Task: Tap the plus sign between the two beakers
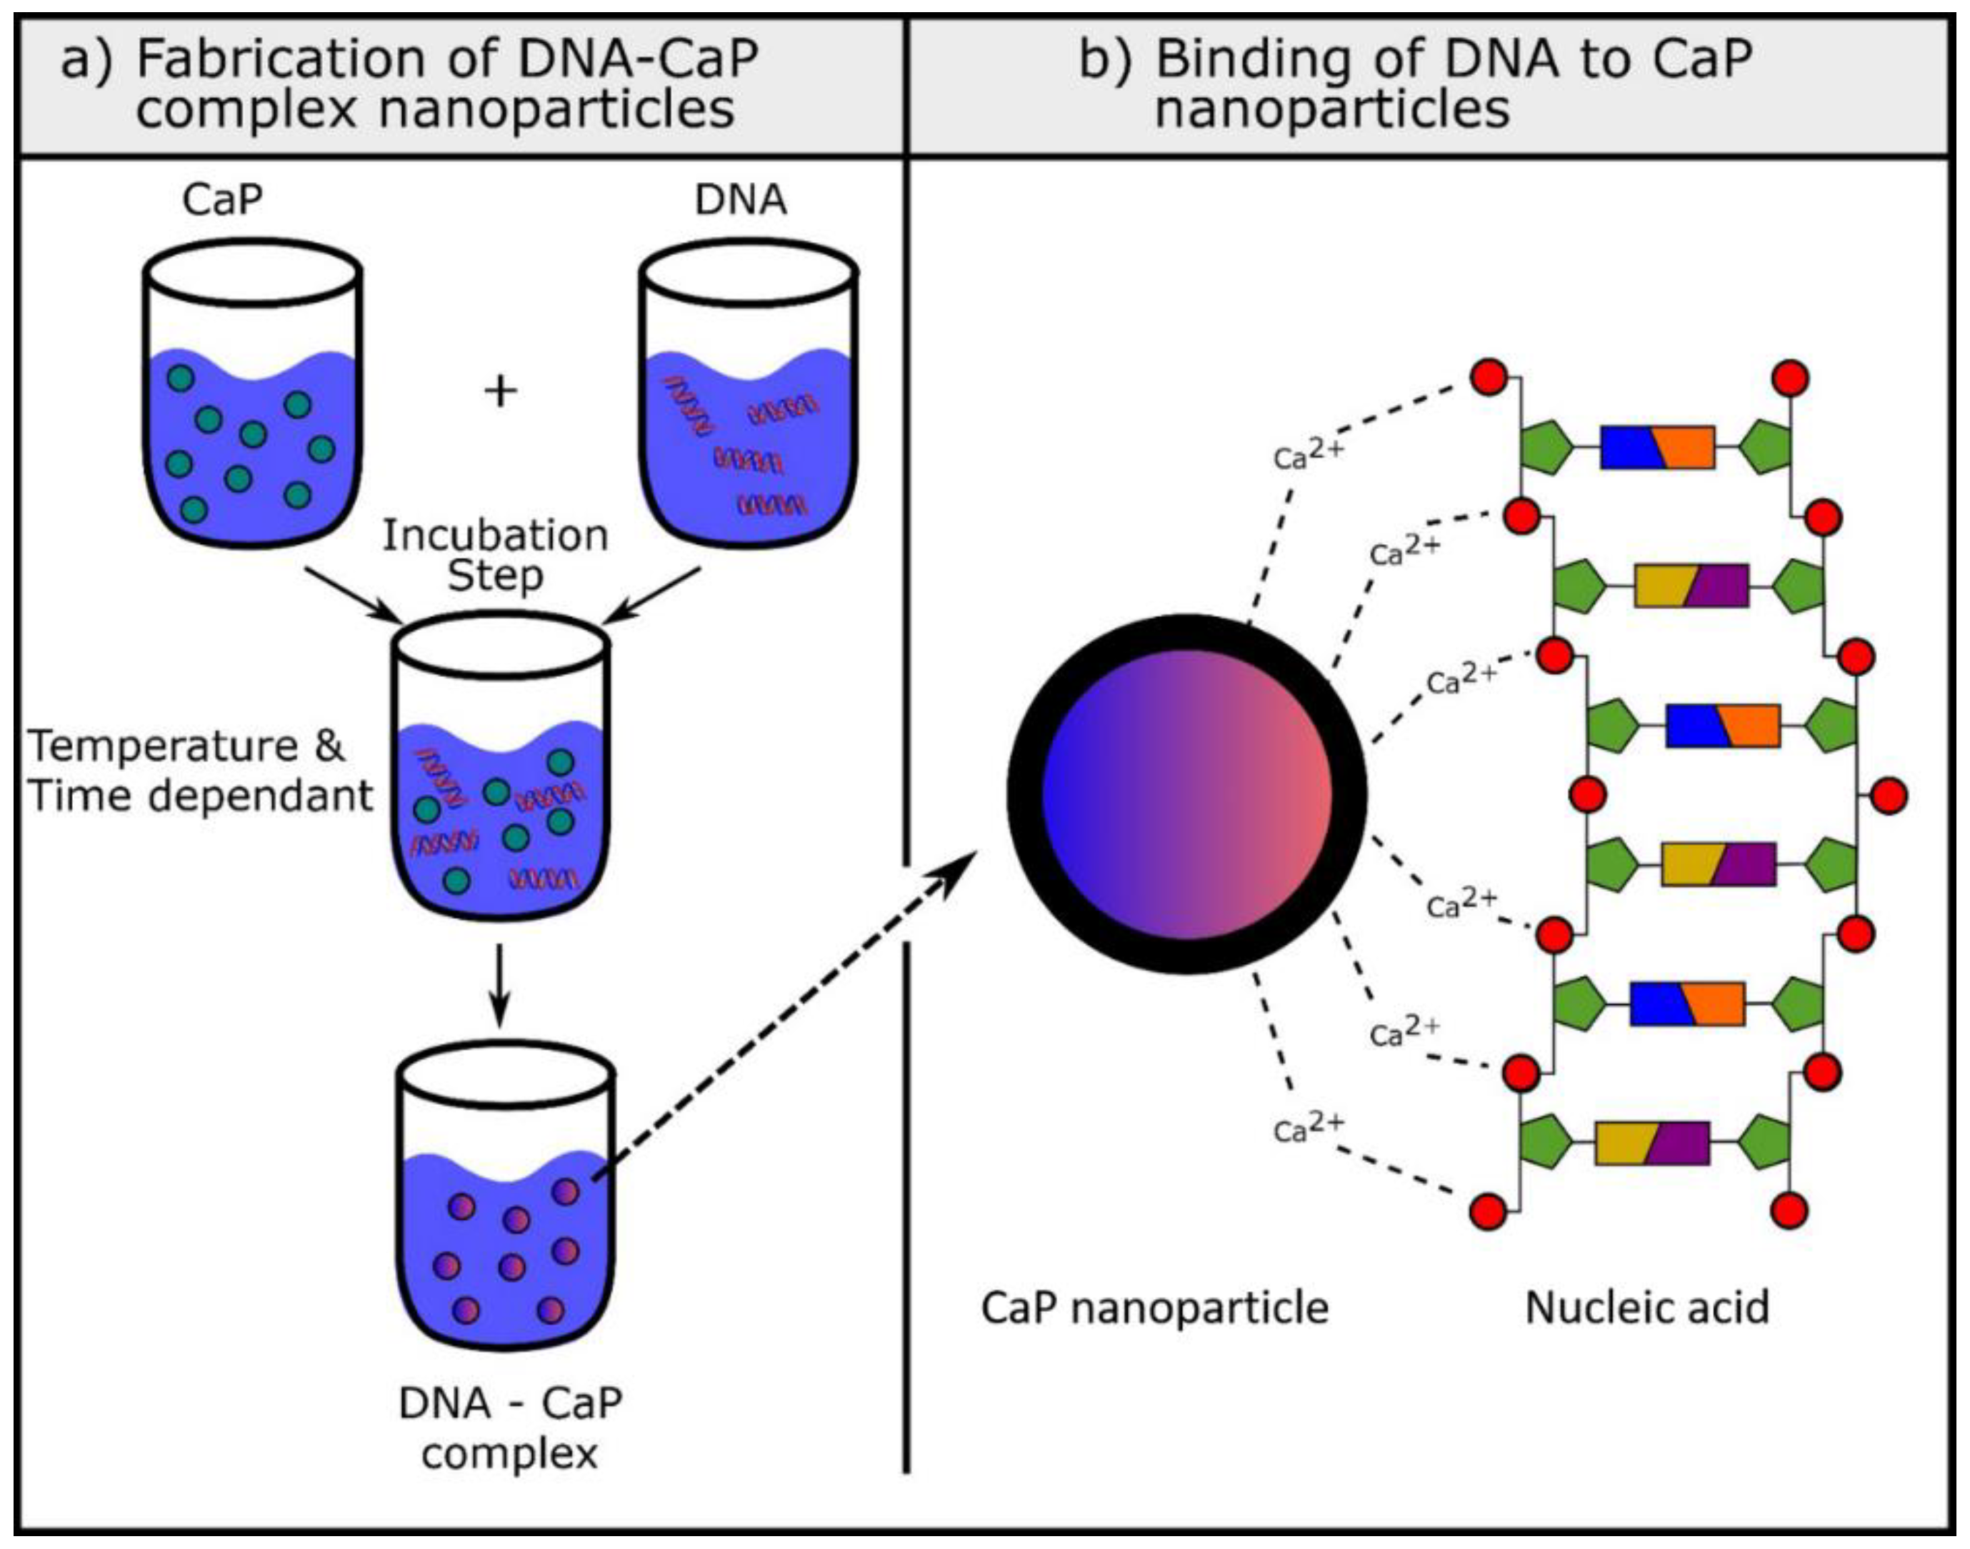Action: coord(501,392)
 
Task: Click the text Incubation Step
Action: coord(495,555)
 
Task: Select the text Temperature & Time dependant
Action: coord(199,771)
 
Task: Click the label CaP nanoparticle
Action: coord(1154,1308)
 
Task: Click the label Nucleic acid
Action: coord(1647,1308)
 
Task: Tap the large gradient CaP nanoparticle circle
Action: coord(1186,794)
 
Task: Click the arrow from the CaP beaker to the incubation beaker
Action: coord(354,595)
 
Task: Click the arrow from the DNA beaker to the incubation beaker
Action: coord(653,595)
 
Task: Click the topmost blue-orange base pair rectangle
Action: coord(1657,448)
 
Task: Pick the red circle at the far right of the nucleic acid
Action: coord(1889,796)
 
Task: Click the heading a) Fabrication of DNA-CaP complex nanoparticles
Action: coord(408,84)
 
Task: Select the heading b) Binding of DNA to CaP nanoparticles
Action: coord(1415,84)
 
